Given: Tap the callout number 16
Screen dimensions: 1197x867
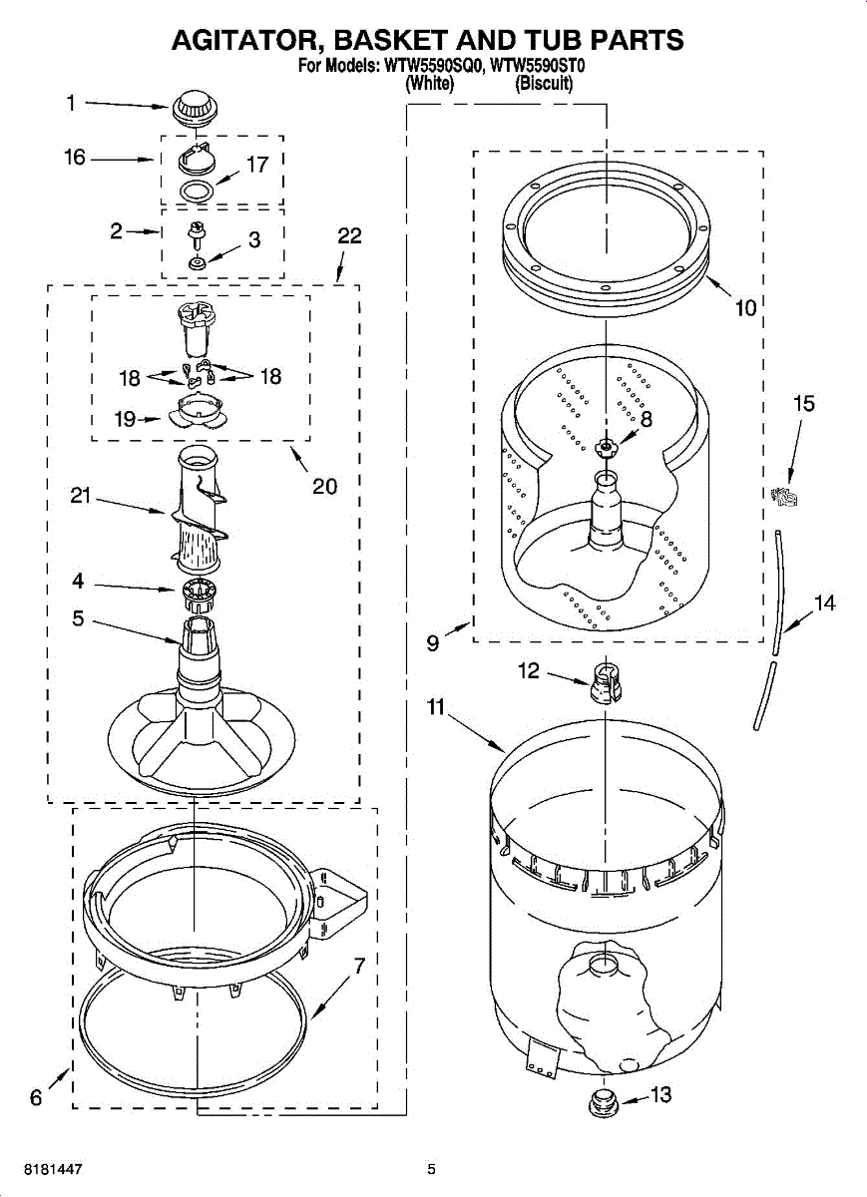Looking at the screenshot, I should pos(76,158).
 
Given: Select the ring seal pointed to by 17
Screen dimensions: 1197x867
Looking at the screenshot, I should pos(198,191).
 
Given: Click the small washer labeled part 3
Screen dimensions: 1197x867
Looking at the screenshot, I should pos(197,262).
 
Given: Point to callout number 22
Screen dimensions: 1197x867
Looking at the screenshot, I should pos(349,236).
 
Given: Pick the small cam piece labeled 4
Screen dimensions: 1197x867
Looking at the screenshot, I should pos(201,595).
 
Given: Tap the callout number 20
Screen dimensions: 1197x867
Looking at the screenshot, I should pos(324,486).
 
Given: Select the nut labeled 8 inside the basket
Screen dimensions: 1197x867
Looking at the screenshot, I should pos(606,445).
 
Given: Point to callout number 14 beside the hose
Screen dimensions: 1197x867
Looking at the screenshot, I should pos(824,602).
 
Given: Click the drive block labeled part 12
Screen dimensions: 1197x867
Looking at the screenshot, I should pos(601,684).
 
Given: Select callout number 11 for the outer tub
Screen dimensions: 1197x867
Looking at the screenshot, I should pos(435,708).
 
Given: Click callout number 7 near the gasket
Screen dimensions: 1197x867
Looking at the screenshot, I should pos(359,966).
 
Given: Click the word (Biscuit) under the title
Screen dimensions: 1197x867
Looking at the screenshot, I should pos(544,85).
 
